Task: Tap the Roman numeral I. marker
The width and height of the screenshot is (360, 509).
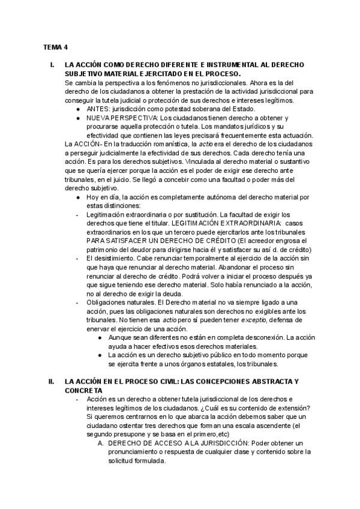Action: [52, 64]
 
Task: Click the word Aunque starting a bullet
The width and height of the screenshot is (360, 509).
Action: [121, 338]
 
